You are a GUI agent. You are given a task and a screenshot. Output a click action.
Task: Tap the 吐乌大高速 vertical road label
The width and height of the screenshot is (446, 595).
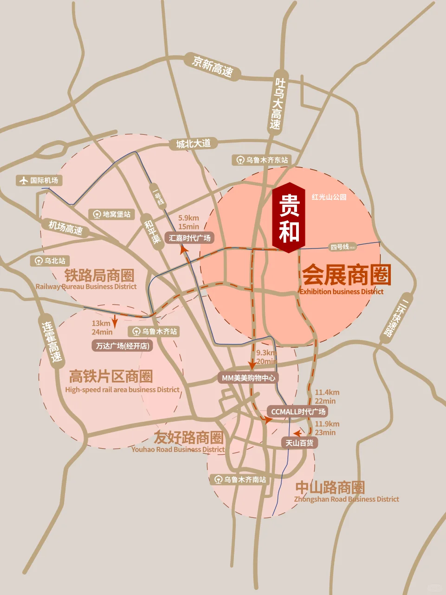pos(278,103)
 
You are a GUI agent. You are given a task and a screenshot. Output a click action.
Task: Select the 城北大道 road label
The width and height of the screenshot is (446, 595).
pos(193,144)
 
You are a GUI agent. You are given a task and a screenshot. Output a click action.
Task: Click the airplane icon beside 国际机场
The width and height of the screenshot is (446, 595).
pos(23,180)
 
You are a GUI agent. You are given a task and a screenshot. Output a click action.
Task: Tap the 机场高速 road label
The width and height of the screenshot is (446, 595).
pos(65,227)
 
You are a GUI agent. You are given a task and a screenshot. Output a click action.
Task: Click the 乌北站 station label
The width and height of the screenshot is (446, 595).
pos(50,261)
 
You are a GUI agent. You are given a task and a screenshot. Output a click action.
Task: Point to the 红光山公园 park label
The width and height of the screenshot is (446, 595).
pos(329,197)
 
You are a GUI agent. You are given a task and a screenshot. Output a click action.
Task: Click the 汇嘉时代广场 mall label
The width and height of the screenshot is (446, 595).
pos(190,238)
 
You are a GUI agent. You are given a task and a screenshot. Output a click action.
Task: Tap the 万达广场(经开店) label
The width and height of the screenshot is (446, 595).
pos(123,346)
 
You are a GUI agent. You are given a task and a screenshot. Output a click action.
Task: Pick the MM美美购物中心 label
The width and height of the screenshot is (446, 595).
pos(248,378)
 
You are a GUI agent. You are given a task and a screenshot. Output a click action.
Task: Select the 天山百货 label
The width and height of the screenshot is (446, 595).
pos(299,443)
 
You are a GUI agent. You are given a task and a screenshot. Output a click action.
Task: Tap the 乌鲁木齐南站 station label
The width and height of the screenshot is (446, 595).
pos(240,479)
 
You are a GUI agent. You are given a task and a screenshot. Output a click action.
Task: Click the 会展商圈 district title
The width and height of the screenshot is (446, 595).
pos(346,275)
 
